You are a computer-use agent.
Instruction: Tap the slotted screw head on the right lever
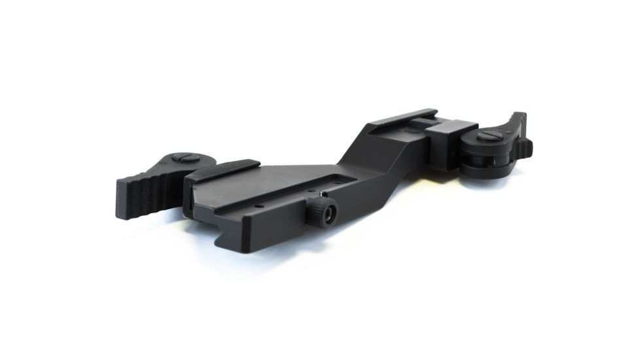pyautogui.click(x=489, y=137)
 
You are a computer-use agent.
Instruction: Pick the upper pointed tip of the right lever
pyautogui.click(x=522, y=116)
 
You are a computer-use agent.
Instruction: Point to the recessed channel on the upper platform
pyautogui.click(x=406, y=131)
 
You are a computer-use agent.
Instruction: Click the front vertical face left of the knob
pyautogui.click(x=275, y=226)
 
